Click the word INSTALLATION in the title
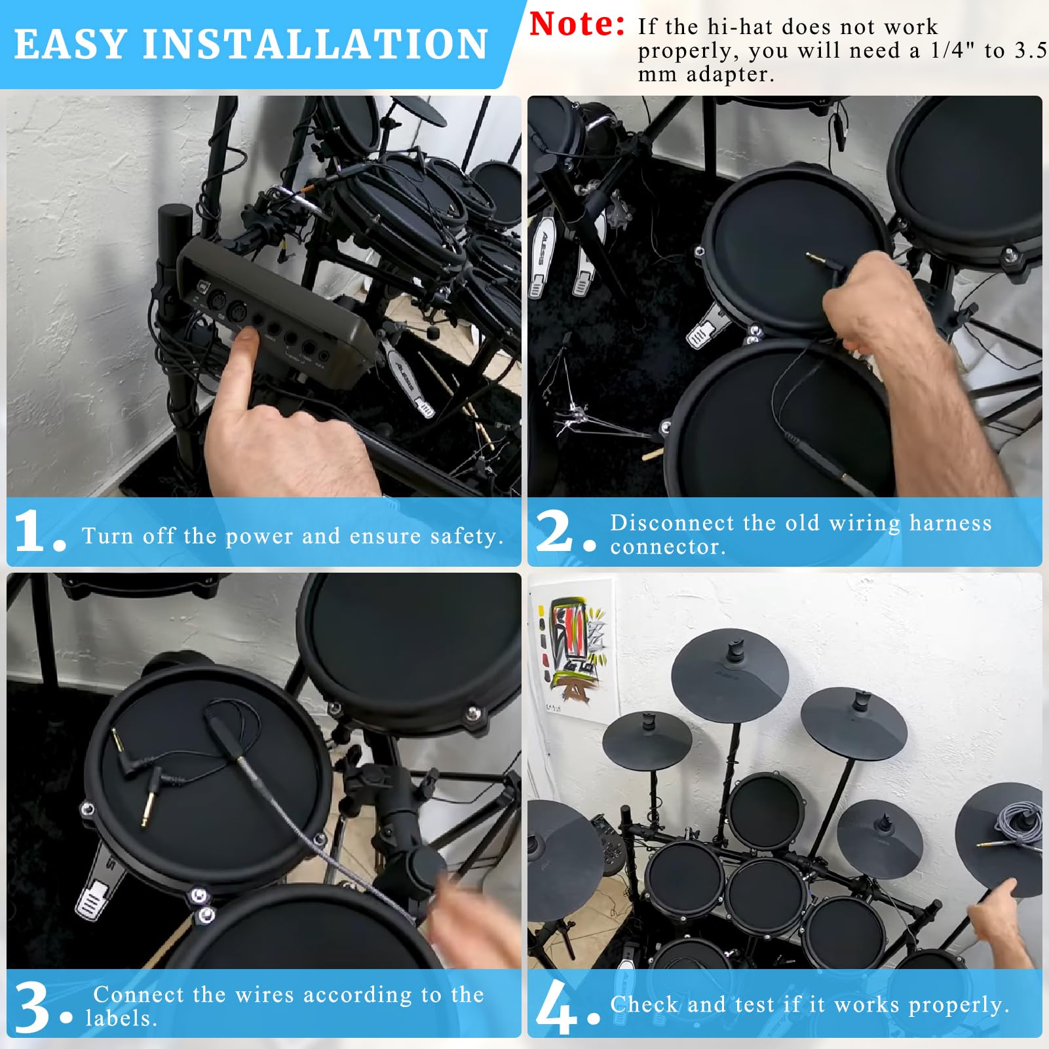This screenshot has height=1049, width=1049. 315,45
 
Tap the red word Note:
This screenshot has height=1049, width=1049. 577,24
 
